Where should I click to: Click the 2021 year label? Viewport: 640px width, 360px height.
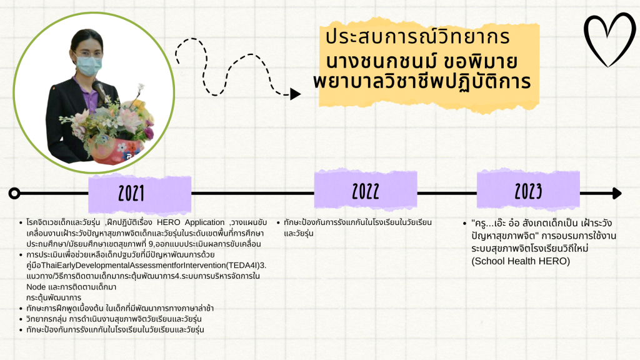131,193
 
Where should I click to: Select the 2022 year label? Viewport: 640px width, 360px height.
366,191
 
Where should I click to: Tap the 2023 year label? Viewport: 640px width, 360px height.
528,191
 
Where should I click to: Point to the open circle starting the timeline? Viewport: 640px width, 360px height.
14,193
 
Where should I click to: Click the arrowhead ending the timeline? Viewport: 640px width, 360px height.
617,193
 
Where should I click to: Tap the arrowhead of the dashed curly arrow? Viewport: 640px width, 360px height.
295,94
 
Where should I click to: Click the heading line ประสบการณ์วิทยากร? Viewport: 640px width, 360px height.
417,36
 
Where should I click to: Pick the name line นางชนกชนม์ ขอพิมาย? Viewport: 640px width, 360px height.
422,62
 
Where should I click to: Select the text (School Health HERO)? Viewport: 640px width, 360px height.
521,261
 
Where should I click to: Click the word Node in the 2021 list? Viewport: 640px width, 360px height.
36,287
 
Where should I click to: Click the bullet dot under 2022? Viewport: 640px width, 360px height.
278,223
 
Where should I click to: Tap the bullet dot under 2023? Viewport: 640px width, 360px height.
464,223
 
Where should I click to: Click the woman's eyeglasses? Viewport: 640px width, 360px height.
87,54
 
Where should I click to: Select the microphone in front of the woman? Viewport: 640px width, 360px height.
101,92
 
